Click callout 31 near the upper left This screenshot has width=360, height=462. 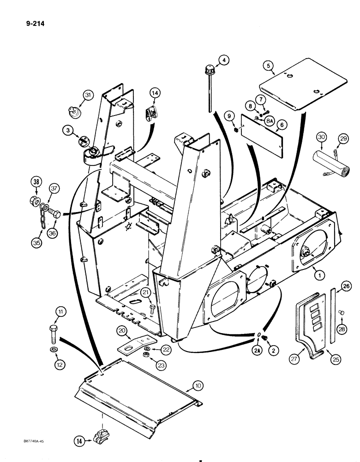(88, 95)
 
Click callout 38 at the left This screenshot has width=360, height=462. (37, 181)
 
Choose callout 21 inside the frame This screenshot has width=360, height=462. (146, 293)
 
